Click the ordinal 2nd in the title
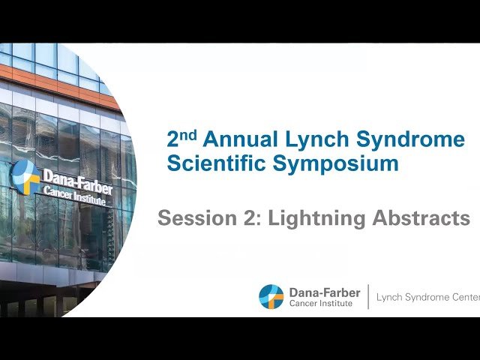pyautogui.click(x=181, y=139)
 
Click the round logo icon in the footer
pyautogui.click(x=271, y=296)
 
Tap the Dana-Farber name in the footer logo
pyautogui.click(x=324, y=292)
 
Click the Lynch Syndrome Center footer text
pyautogui.click(x=427, y=297)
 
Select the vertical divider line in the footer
pyautogui.click(x=368, y=296)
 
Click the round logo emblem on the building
pyautogui.click(x=24, y=175)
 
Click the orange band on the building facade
pyautogui.click(x=60, y=84)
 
